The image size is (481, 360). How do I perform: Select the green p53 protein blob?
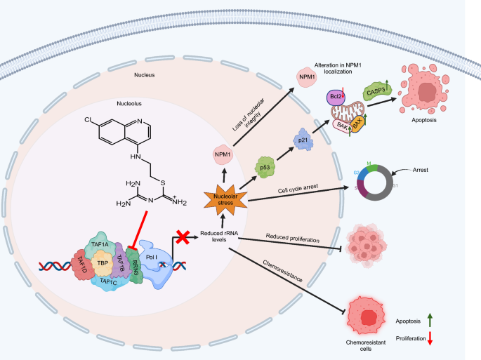point(263,168)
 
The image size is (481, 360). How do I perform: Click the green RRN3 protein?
point(134,263)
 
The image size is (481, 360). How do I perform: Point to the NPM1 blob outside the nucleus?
point(306,77)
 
